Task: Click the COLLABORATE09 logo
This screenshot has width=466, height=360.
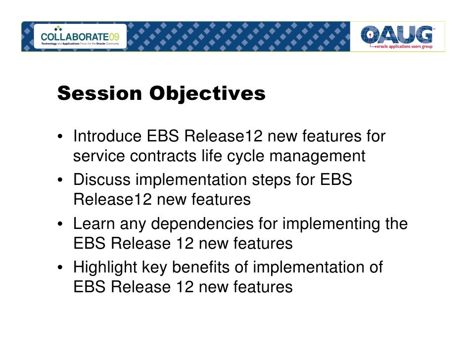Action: point(80,36)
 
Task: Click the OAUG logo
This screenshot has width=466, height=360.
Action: point(397,37)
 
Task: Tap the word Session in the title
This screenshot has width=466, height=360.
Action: point(99,93)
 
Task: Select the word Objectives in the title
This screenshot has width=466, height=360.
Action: point(207,94)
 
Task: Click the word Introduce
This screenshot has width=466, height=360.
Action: point(107,136)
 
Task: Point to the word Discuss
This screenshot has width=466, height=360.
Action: point(101,180)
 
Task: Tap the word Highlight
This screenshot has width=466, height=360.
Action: point(105,268)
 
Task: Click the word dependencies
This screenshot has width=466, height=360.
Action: point(202,224)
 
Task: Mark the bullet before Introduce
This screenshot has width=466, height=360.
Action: point(60,136)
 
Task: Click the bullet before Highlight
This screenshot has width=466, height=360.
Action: point(60,268)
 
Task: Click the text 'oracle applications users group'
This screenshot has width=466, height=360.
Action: point(405,46)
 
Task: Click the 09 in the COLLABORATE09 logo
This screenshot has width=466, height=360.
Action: point(114,37)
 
